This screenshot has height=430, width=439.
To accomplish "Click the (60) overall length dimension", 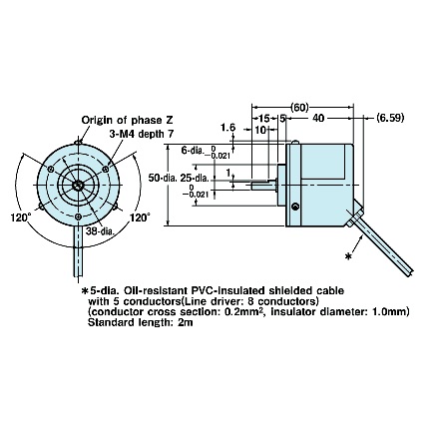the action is coord(299,108).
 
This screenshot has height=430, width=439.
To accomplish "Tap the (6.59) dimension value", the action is coord(390,118).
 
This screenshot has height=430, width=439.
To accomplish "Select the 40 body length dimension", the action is coord(318,118).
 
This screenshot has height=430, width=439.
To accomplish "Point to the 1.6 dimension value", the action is coord(227,128).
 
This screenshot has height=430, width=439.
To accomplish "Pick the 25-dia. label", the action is coord(195,179).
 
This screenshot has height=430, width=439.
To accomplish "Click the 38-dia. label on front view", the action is coord(100,230).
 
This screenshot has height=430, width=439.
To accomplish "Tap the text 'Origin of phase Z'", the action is coord(128,120).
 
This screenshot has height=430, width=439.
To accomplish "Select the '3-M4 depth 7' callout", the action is coord(142,134).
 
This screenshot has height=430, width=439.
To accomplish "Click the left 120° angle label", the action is coord(21,217).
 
